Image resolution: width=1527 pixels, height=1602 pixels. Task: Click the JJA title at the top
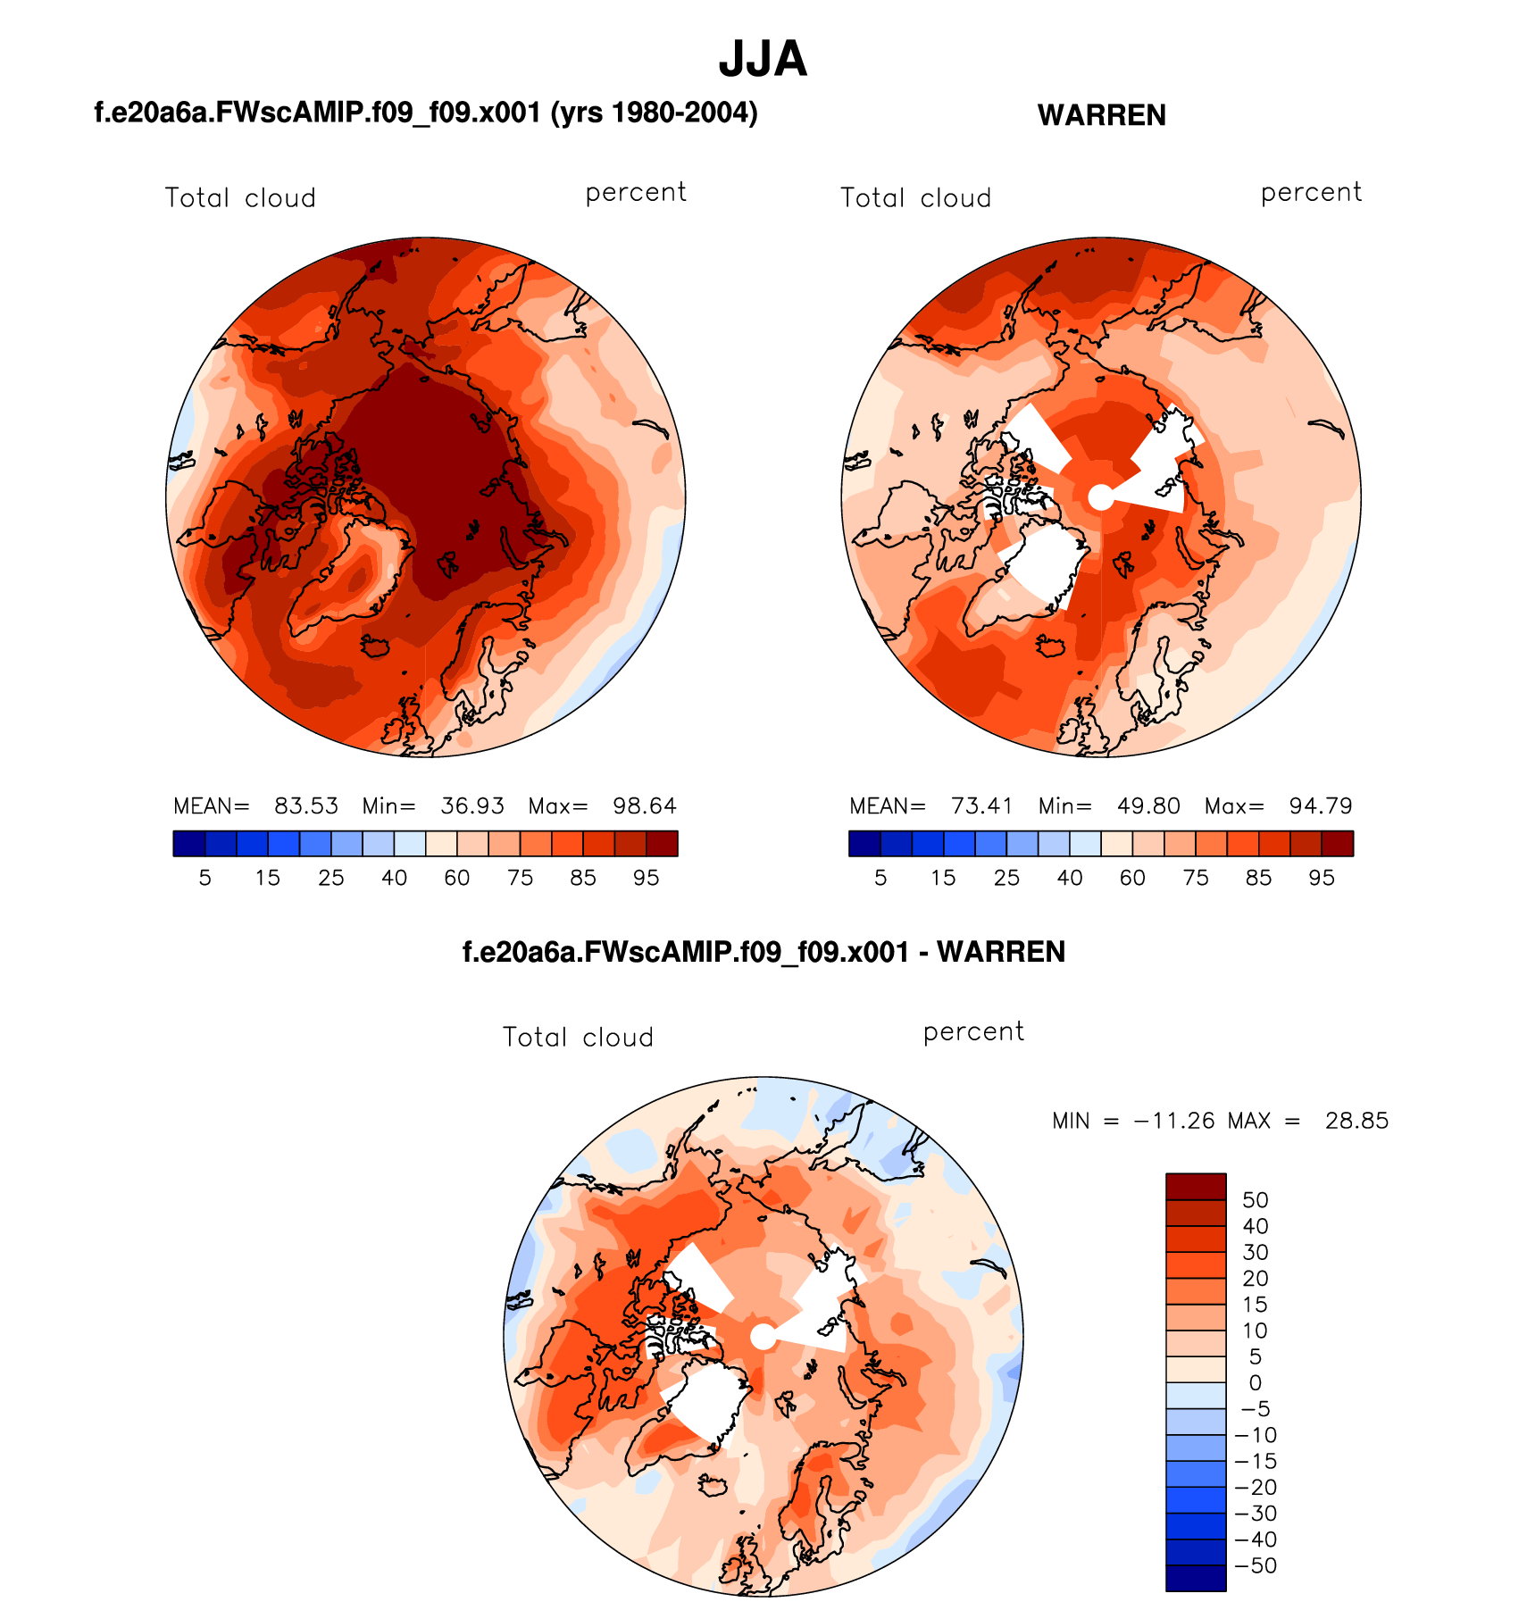(763, 59)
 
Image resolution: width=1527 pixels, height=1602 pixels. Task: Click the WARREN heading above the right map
(1101, 115)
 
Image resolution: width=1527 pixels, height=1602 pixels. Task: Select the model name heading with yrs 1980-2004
(426, 113)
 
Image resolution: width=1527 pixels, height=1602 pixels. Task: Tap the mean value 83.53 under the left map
(306, 806)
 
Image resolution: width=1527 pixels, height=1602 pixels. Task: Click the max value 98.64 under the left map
(645, 806)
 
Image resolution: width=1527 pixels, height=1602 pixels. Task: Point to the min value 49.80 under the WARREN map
(1148, 806)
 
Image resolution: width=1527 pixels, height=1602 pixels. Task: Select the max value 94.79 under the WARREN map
(1321, 806)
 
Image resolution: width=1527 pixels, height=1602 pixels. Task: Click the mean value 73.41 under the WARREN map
(982, 806)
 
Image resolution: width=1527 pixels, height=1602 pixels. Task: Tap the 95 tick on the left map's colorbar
(646, 878)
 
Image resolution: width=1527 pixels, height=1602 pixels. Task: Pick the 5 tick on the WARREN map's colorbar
(880, 878)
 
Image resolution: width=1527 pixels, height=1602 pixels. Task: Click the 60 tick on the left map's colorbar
(457, 878)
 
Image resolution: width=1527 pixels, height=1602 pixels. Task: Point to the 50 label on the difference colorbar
(1255, 1200)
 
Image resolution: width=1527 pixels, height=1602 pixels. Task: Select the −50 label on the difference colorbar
(1255, 1565)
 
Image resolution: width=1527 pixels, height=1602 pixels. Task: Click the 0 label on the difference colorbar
(1255, 1383)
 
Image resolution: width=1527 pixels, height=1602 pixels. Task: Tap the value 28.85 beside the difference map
(1356, 1121)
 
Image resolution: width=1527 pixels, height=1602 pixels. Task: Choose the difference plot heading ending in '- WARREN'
(763, 952)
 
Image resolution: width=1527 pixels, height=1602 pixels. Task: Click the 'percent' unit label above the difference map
(973, 1031)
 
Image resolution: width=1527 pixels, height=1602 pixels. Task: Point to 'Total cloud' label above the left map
(240, 197)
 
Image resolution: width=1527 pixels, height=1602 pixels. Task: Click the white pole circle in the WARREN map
(1101, 497)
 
